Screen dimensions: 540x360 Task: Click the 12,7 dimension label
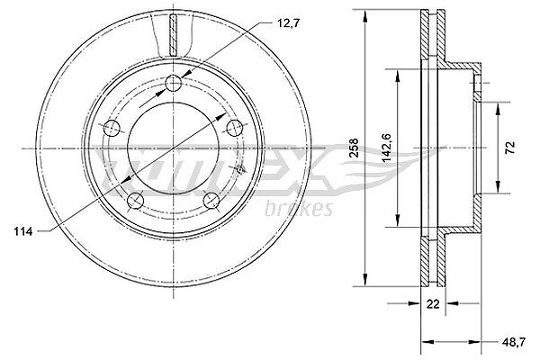pyautogui.click(x=289, y=23)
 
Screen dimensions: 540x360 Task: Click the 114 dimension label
pyautogui.click(x=23, y=231)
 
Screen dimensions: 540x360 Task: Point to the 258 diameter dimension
pyautogui.click(x=354, y=148)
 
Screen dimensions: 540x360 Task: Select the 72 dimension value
pyautogui.click(x=511, y=148)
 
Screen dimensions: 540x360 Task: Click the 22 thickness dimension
pyautogui.click(x=433, y=304)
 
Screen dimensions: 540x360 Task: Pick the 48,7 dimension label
pyautogui.click(x=514, y=342)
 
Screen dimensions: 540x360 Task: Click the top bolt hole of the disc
pyautogui.click(x=173, y=83)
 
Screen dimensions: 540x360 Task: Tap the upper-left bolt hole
pyautogui.click(x=112, y=128)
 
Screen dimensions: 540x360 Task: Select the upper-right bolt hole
pyautogui.click(x=235, y=128)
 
